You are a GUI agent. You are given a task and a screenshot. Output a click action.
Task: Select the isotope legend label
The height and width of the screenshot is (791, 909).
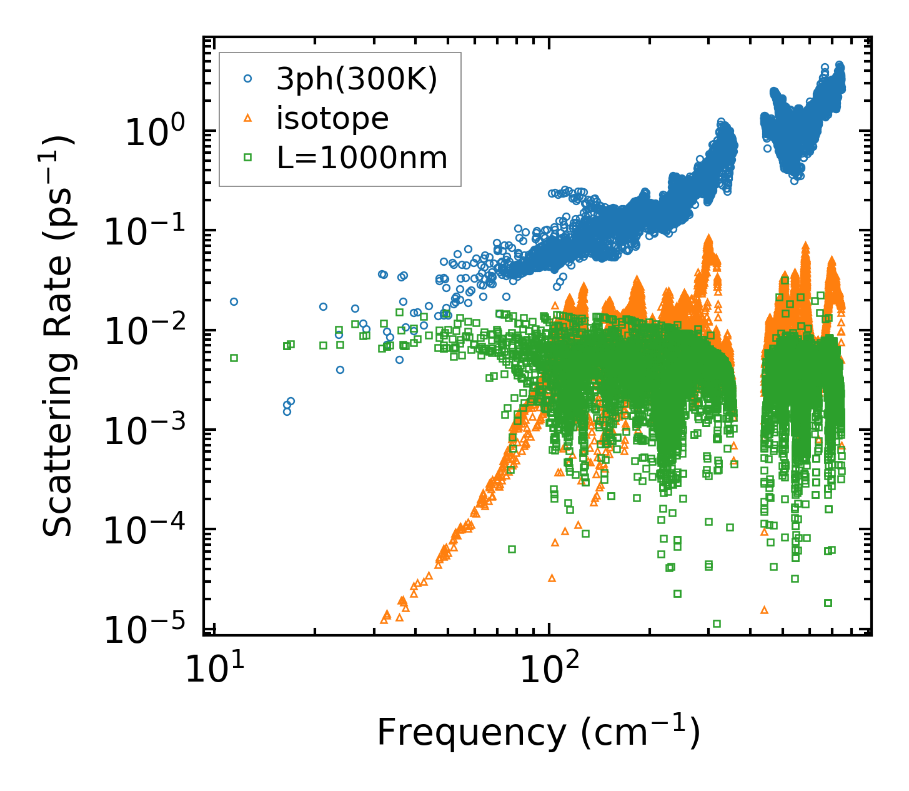pyautogui.click(x=332, y=118)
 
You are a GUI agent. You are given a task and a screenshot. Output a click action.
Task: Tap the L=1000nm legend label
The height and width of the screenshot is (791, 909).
pyautogui.click(x=362, y=158)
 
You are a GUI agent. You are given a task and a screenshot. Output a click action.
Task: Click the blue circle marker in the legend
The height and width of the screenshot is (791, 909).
pyautogui.click(x=248, y=79)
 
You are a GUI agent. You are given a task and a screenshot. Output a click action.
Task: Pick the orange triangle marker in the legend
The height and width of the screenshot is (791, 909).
pyautogui.click(x=248, y=118)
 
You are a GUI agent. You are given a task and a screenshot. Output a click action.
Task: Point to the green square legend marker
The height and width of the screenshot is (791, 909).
pyautogui.click(x=248, y=158)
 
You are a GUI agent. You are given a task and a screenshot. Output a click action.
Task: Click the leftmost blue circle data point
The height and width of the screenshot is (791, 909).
pyautogui.click(x=234, y=301)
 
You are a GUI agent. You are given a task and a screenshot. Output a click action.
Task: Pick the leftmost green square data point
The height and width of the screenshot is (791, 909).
pyautogui.click(x=234, y=358)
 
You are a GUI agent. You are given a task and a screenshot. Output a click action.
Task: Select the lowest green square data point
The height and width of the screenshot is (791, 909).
pyautogui.click(x=717, y=623)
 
